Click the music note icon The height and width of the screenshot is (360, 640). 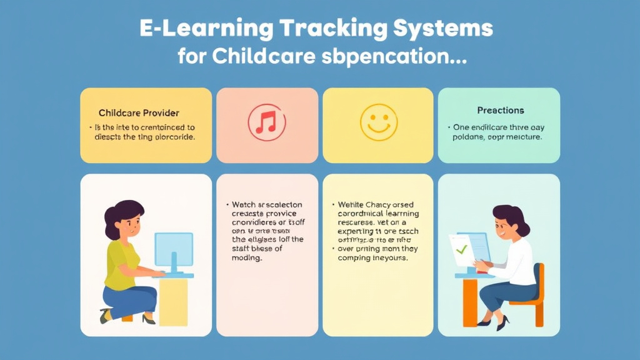click(x=266, y=121)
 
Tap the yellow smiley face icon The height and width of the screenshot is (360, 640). click(x=378, y=121)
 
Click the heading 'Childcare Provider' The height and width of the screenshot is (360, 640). click(x=139, y=113)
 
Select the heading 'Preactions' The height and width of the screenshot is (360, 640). click(x=500, y=110)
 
